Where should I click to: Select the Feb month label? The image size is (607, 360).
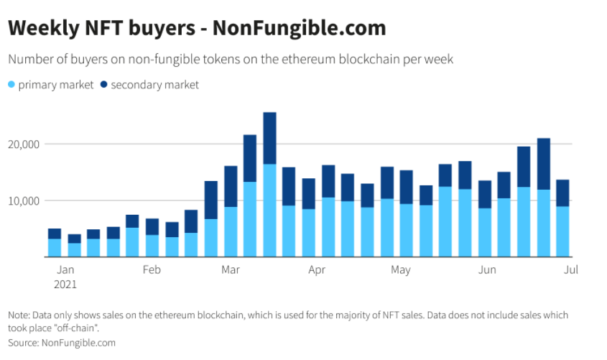[x=151, y=270]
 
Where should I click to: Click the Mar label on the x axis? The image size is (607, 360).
[x=231, y=270]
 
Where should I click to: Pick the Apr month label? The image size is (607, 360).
[x=317, y=270]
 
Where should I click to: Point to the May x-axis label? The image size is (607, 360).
[x=400, y=270]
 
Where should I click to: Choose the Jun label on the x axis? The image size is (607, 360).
[x=487, y=270]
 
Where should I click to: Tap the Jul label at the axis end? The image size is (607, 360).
[x=571, y=270]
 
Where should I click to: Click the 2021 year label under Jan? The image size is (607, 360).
[x=65, y=284]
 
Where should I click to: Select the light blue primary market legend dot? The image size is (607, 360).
[x=12, y=85]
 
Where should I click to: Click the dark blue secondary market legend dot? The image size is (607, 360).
[x=104, y=85]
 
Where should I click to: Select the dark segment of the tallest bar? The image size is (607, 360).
[x=269, y=138]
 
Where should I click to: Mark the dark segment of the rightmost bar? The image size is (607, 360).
[x=563, y=193]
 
